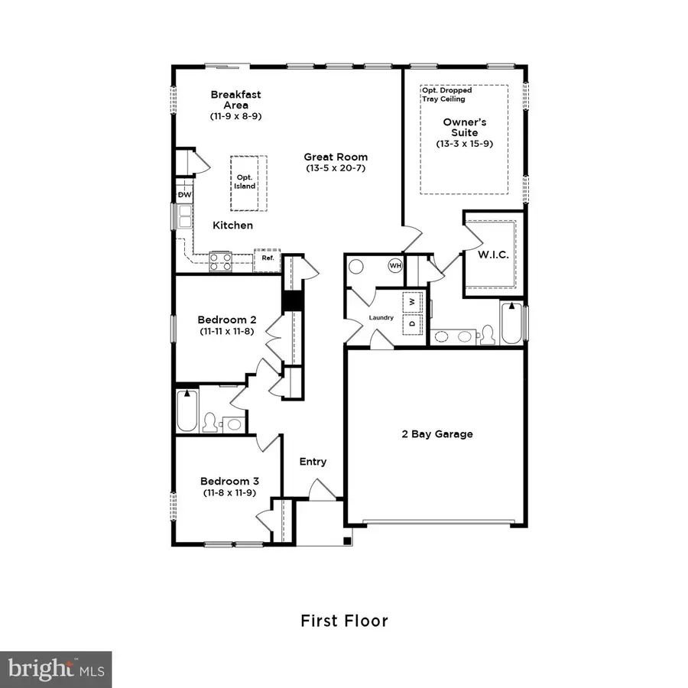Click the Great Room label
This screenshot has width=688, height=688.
(x=336, y=157)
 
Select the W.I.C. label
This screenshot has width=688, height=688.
(x=494, y=253)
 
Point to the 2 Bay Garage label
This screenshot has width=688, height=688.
(x=437, y=434)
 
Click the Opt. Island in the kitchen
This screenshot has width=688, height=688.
(x=245, y=182)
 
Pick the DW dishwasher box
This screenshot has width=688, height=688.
(x=184, y=195)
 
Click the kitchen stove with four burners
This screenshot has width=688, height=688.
(x=221, y=261)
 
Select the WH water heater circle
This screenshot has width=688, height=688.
(x=395, y=266)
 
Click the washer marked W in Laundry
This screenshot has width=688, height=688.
(x=411, y=301)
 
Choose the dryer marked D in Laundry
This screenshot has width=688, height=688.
(x=411, y=323)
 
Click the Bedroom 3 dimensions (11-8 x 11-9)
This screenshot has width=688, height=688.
(x=229, y=493)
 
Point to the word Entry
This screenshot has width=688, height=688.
(x=313, y=461)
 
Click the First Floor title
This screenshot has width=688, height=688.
(x=344, y=620)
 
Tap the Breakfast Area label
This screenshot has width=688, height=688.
(x=235, y=99)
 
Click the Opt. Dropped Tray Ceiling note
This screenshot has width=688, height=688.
(x=447, y=94)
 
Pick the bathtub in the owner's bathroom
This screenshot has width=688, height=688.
(x=512, y=323)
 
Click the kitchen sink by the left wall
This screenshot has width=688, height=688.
(x=186, y=217)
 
